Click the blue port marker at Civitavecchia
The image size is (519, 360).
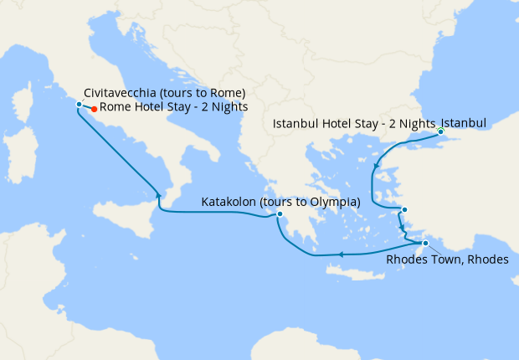79,105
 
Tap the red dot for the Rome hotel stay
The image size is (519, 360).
94,109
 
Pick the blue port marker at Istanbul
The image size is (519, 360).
440,131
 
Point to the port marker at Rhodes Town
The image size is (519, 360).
425,244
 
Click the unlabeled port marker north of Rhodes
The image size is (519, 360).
404,210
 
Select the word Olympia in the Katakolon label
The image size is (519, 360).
332,203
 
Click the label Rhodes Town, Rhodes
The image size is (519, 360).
447,260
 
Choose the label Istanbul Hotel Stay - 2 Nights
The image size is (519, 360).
354,124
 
